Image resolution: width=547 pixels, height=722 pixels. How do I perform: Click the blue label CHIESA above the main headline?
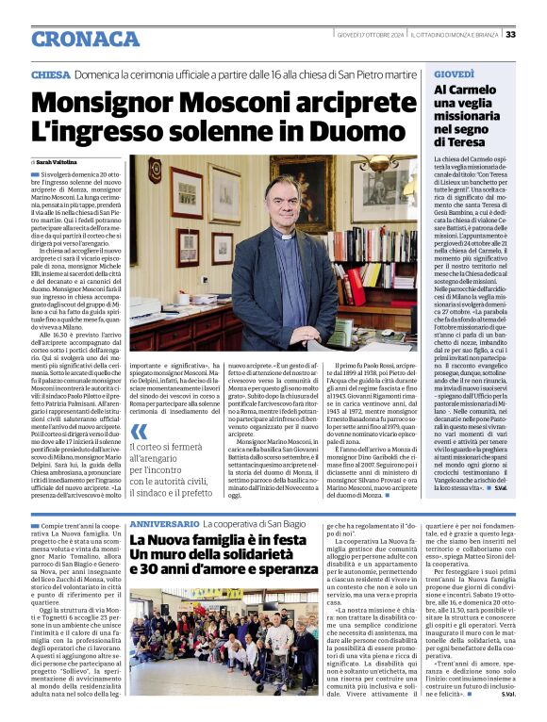pos(50,74)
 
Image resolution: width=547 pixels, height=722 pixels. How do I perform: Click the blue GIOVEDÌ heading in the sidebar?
pos(454,74)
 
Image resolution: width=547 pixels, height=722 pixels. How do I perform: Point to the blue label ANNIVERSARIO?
pos(164,522)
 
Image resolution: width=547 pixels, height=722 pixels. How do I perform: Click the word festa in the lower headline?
pos(287,541)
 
